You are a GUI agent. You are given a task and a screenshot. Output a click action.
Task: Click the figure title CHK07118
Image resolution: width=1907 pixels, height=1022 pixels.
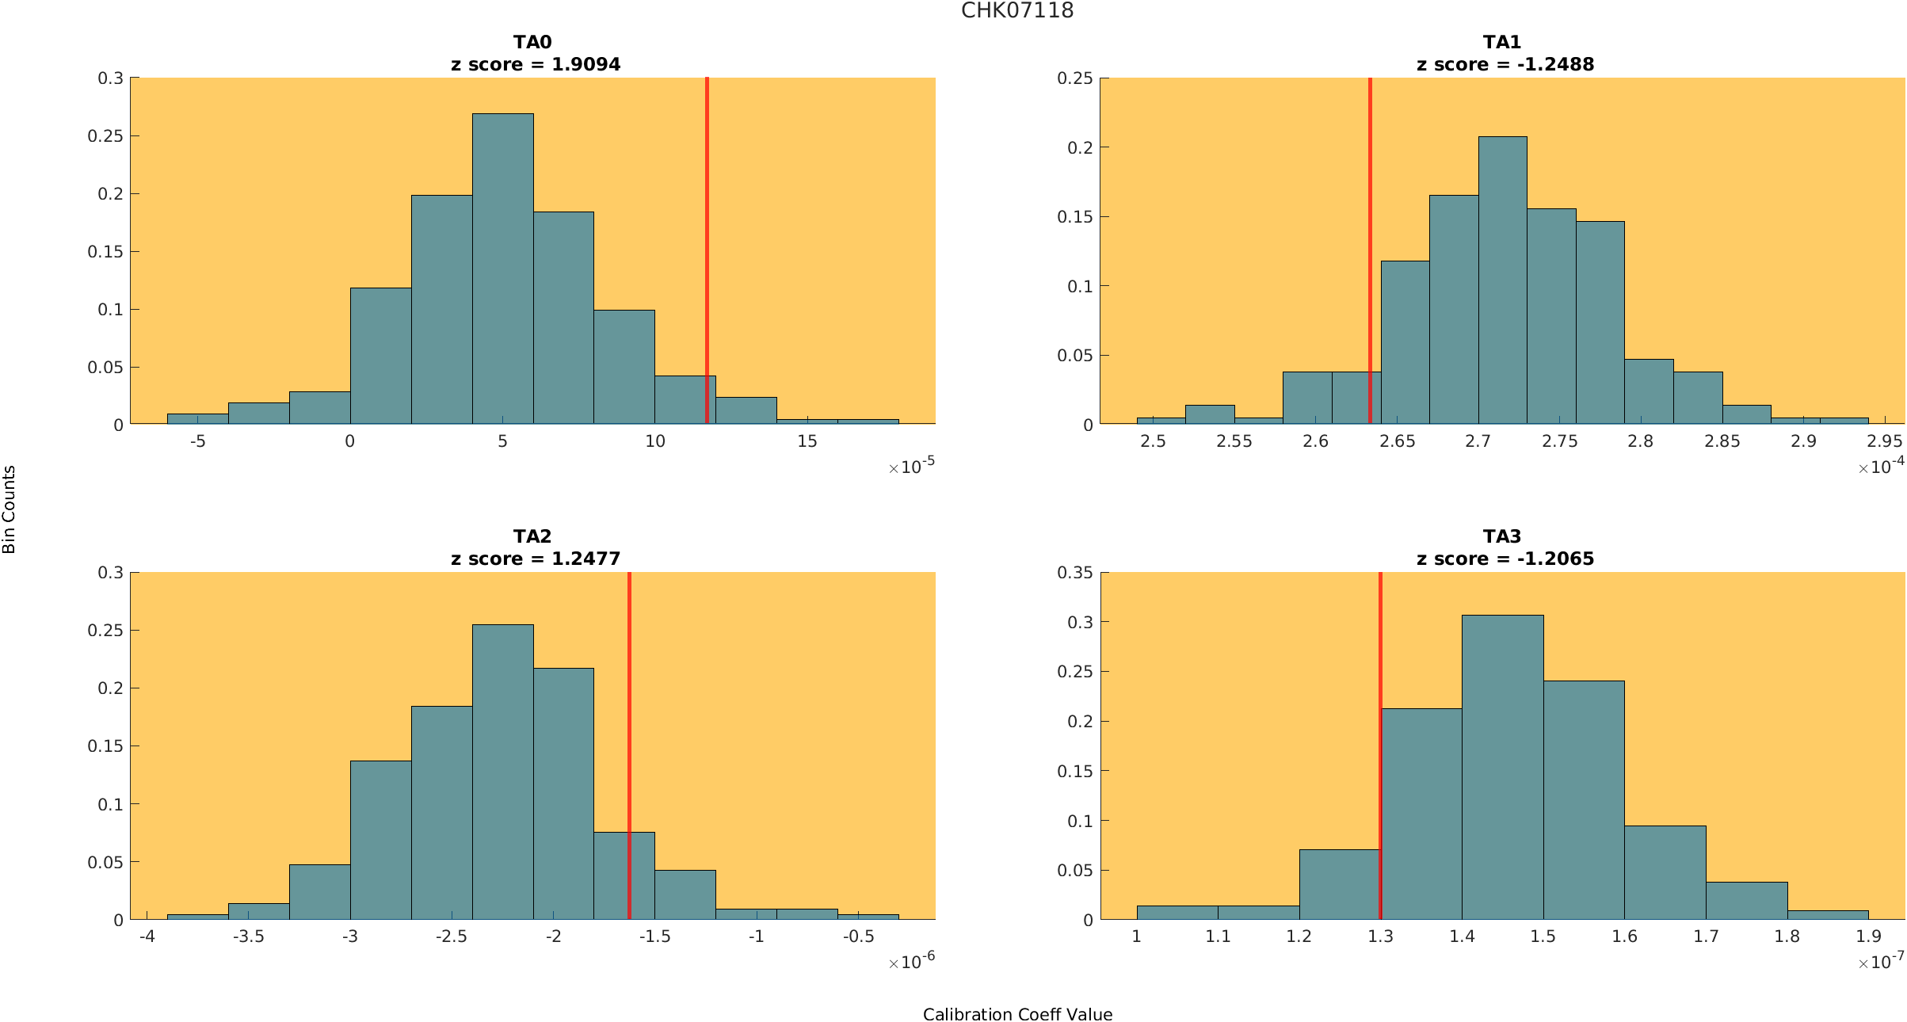[1017, 10]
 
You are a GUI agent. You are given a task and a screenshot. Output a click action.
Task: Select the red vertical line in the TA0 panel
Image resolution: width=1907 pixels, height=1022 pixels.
[707, 238]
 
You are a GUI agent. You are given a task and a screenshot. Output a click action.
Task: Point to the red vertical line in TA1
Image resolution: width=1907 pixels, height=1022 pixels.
[1370, 238]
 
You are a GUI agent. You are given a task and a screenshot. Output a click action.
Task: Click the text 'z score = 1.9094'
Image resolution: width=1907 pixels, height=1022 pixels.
[536, 64]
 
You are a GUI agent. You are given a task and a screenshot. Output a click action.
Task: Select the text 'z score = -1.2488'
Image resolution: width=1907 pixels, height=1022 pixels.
[1505, 64]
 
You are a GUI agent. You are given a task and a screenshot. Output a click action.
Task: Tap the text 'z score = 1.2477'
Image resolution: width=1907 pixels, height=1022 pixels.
[536, 559]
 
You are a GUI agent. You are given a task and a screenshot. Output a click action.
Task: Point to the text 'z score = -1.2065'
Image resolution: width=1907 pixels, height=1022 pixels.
[1505, 559]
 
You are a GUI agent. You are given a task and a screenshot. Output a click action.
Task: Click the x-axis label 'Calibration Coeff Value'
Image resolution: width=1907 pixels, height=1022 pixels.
[1017, 1014]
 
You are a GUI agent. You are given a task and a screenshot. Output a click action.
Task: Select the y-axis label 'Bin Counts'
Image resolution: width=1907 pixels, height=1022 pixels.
[9, 509]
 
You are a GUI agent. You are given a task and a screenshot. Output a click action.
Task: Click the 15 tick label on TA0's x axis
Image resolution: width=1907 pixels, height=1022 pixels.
[807, 441]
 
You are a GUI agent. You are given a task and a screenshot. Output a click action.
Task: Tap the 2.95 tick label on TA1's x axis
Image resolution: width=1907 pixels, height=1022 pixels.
[1884, 441]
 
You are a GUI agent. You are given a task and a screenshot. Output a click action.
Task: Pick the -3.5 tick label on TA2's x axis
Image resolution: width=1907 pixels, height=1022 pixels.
[248, 936]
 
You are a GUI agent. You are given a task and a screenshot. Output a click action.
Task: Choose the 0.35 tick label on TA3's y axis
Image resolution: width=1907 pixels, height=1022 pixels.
[1074, 573]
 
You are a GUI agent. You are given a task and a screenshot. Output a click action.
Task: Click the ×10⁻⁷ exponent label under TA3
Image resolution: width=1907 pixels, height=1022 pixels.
[1880, 962]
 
